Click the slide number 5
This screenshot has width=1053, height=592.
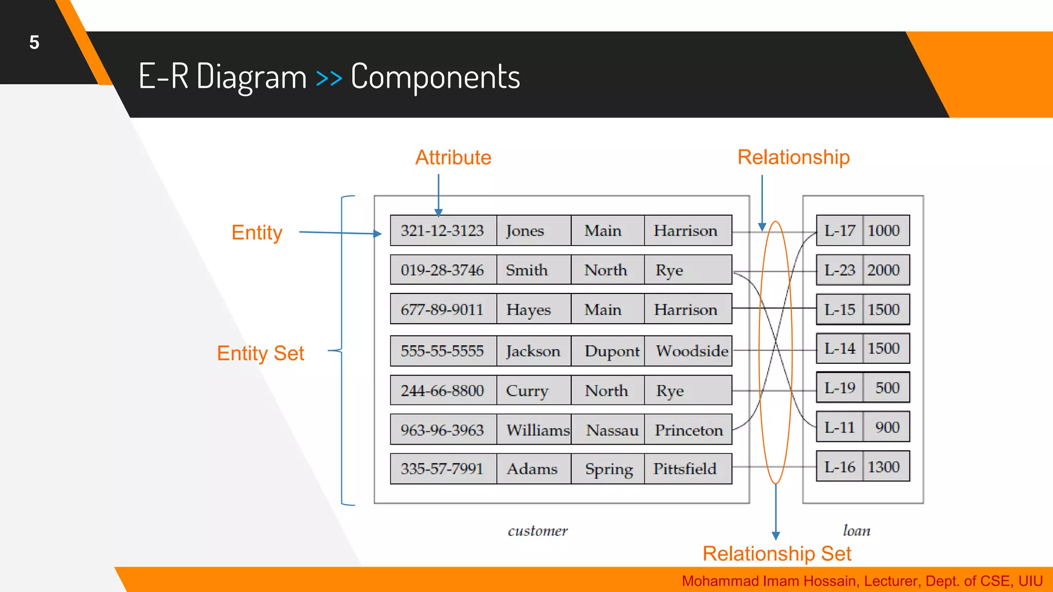point(34,43)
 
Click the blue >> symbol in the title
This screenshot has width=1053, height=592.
point(329,78)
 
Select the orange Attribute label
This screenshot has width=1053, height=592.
point(453,157)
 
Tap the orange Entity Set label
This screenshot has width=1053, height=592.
point(260,354)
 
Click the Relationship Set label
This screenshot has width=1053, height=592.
point(776,553)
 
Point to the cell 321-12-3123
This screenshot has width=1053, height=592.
point(442,230)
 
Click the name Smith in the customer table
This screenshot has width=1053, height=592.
point(526,270)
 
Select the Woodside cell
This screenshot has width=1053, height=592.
point(692,351)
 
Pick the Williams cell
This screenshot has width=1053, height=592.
point(537,430)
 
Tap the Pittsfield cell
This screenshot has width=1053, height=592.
point(684,469)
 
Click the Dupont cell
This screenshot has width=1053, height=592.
point(611,351)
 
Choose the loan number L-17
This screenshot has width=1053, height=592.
point(839,230)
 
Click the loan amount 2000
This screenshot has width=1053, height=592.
point(883,270)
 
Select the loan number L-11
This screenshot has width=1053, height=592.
point(839,427)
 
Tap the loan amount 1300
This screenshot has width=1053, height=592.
point(883,467)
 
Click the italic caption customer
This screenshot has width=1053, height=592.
point(537,531)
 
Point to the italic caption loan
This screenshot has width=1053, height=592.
point(856,530)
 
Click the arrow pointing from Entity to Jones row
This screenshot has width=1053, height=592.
point(339,233)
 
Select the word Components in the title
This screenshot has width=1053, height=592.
point(435,77)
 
